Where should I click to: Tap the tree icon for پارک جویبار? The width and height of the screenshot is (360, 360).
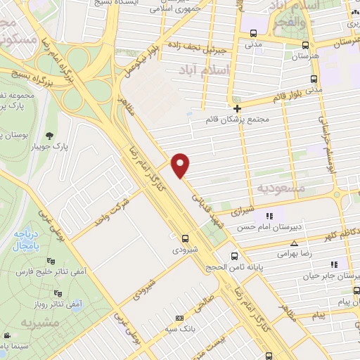[49, 136]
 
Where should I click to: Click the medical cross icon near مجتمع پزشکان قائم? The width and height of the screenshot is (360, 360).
[238, 108]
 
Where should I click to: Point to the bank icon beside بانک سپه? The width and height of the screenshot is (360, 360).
[179, 318]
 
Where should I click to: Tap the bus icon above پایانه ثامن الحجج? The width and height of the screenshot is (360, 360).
[235, 256]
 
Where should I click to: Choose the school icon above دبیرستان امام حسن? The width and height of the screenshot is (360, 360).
[268, 216]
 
